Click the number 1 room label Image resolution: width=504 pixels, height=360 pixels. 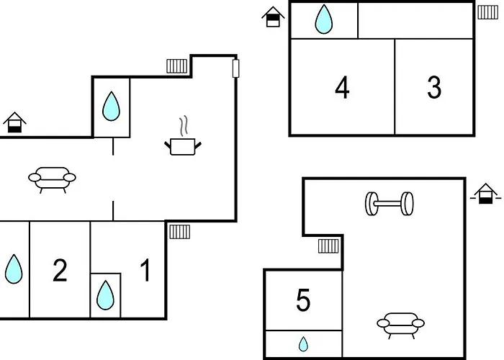point(145,271)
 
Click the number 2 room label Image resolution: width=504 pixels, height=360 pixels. point(60,271)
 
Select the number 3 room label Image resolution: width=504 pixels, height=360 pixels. point(433,87)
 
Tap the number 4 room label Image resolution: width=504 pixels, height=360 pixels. point(342,88)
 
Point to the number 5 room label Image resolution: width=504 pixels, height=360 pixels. point(303,300)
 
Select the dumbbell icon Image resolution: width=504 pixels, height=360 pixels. point(389,203)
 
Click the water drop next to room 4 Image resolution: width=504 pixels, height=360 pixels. point(324,19)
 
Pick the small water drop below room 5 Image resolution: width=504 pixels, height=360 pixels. point(304,344)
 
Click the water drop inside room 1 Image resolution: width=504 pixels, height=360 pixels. point(105,294)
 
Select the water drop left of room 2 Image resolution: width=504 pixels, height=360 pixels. point(14,269)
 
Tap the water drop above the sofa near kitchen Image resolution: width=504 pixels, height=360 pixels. point(111,107)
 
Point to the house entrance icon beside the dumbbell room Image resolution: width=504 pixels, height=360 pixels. point(485,193)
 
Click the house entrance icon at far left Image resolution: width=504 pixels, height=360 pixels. point(14,123)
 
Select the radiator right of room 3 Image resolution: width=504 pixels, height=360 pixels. point(487,12)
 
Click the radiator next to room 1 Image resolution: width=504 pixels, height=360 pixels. point(179,231)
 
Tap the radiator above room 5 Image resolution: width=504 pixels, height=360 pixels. point(328,247)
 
